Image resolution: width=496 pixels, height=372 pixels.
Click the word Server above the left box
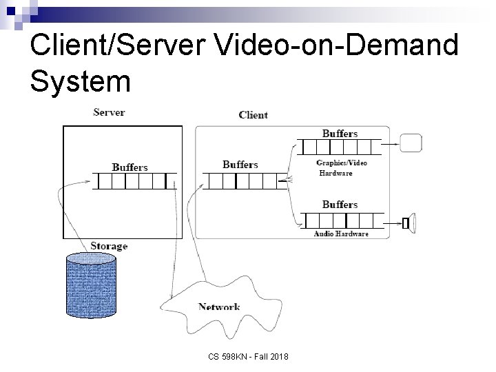pyautogui.click(x=109, y=112)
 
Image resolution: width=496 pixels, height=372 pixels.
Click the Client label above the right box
pyautogui.click(x=253, y=115)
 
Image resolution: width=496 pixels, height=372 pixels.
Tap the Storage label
pyautogui.click(x=109, y=246)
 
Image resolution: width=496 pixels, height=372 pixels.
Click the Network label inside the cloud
pyautogui.click(x=219, y=307)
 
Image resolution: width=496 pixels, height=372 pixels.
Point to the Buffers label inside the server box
pyautogui.click(x=130, y=167)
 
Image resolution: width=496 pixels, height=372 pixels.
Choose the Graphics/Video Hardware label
pyautogui.click(x=341, y=167)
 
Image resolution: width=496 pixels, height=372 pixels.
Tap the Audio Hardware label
pyautogui.click(x=341, y=234)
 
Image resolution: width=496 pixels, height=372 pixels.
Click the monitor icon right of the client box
pyautogui.click(x=411, y=143)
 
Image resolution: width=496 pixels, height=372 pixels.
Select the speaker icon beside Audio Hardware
pyautogui.click(x=409, y=222)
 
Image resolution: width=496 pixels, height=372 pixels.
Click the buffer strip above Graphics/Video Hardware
pyautogui.click(x=340, y=147)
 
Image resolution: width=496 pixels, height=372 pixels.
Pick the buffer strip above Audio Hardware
pyautogui.click(x=340, y=220)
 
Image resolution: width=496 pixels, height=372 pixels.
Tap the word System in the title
pyautogui.click(x=80, y=81)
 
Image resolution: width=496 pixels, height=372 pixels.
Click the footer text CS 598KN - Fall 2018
pyautogui.click(x=249, y=356)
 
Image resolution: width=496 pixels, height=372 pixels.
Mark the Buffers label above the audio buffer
pyautogui.click(x=340, y=205)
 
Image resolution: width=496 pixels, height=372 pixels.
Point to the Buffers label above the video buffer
pyautogui.click(x=340, y=133)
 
